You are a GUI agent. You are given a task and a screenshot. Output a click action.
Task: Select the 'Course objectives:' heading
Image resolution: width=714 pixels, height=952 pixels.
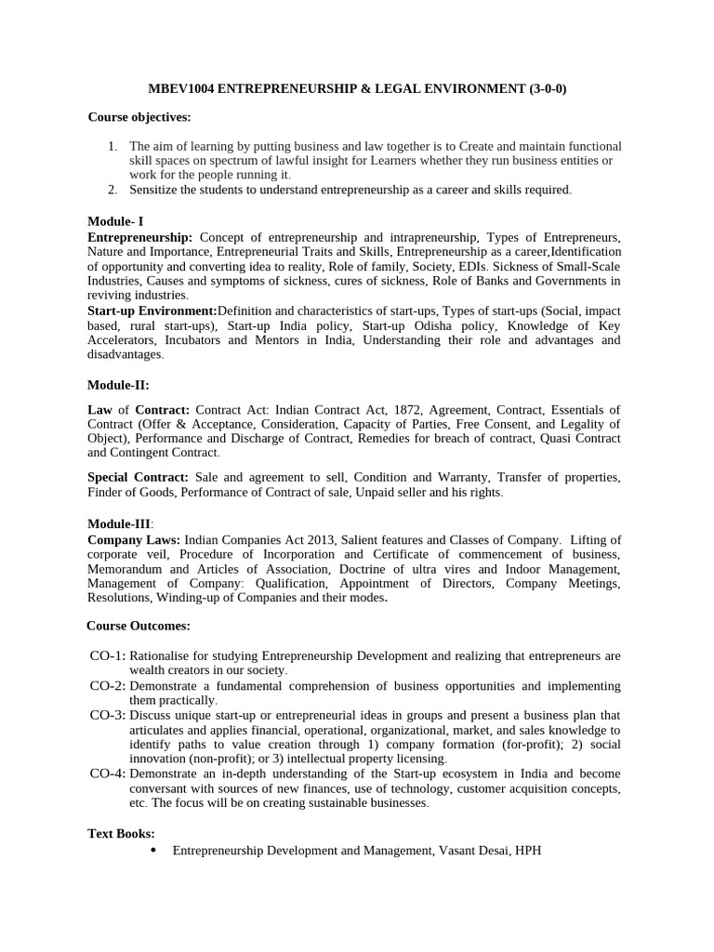click(x=139, y=116)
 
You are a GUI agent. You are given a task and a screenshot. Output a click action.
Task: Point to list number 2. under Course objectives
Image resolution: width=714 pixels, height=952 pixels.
click(x=112, y=189)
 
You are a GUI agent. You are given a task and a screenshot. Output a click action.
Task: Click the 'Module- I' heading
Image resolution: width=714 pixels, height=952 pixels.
click(x=116, y=221)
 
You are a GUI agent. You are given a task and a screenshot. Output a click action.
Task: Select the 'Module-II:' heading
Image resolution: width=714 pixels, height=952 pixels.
click(x=118, y=385)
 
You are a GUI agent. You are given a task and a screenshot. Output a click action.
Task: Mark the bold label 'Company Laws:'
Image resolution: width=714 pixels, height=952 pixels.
click(x=134, y=539)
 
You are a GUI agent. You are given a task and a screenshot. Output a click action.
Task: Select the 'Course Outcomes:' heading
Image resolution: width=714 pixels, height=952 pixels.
click(x=139, y=626)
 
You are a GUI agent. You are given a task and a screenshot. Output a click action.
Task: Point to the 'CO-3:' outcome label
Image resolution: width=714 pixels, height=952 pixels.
click(x=108, y=715)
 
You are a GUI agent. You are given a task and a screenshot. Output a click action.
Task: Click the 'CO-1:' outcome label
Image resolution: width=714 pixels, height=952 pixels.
click(x=108, y=655)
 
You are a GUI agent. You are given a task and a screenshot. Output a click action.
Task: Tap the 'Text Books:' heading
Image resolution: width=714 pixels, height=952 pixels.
click(x=121, y=833)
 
